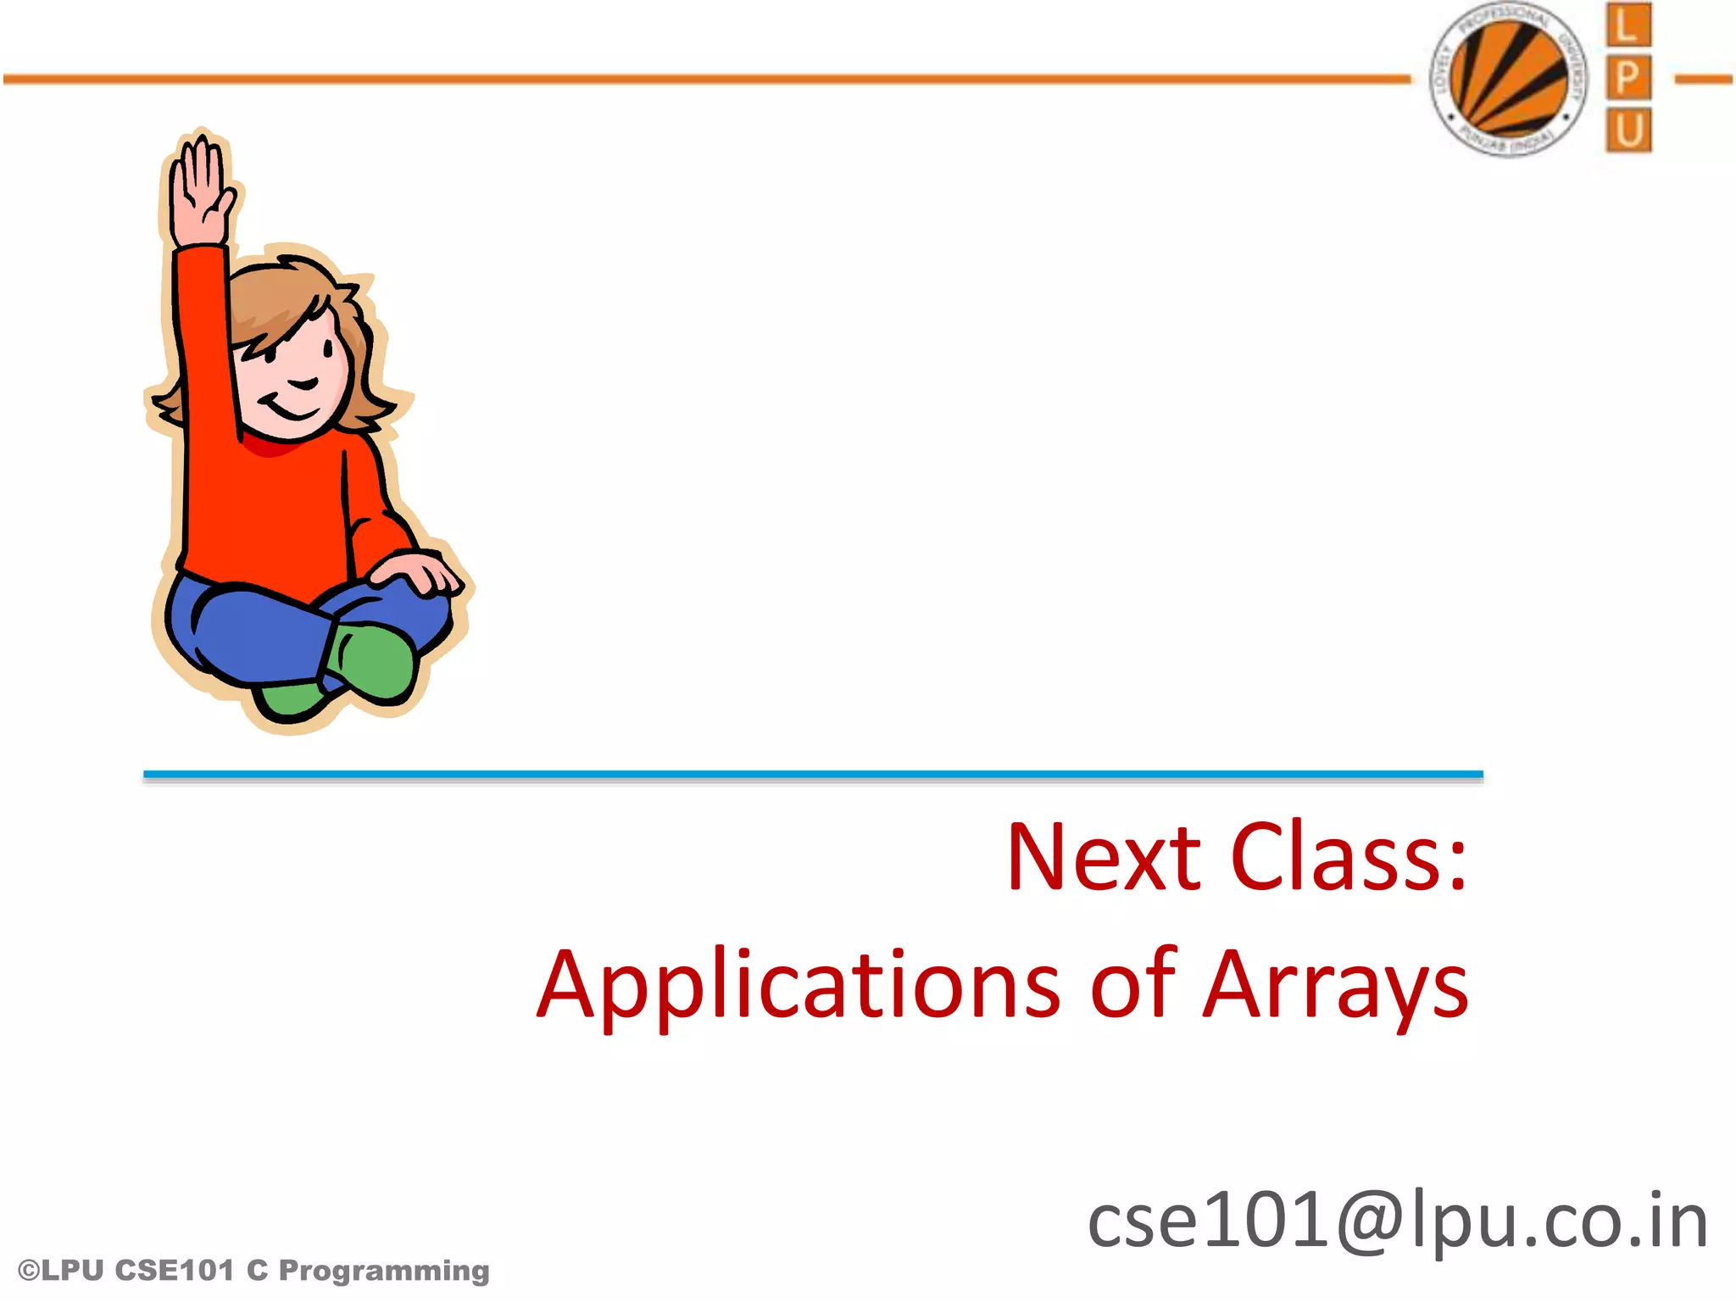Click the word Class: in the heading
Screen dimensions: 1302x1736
tap(1348, 857)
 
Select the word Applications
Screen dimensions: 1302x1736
tap(798, 986)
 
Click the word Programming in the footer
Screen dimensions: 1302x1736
tap(384, 1271)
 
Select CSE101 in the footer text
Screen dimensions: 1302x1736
tap(173, 1271)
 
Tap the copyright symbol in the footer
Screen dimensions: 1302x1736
tap(28, 1271)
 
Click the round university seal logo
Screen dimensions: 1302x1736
tap(1509, 79)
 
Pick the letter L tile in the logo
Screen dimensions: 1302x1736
tap(1627, 25)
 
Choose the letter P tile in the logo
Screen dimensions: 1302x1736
tap(1627, 78)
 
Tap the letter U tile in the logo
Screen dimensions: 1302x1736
tap(1627, 130)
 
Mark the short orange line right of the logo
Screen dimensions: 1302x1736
tap(1704, 80)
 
